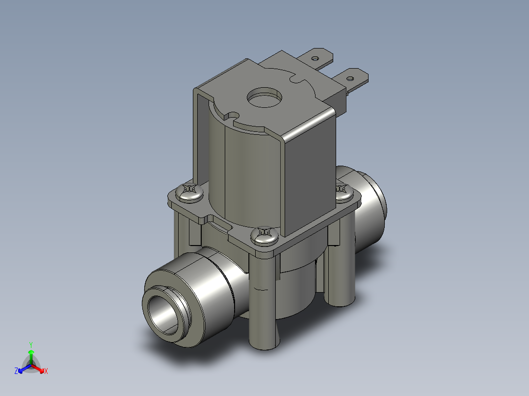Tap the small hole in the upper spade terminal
point(315,58)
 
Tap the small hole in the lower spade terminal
point(350,78)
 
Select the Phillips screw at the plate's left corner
point(190,192)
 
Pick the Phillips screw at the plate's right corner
point(343,189)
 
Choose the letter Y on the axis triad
point(30,345)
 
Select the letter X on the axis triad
point(46,371)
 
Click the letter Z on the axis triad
point(16,371)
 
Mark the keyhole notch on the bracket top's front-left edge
point(231,116)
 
